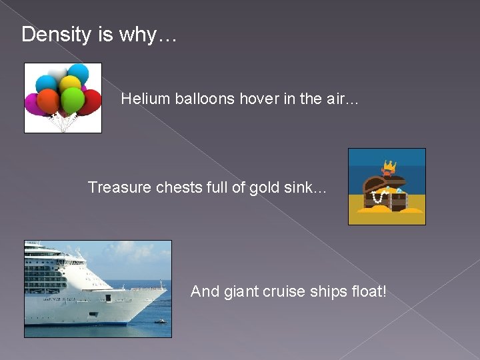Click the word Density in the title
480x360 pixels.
click(57, 35)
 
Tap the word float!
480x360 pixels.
click(367, 291)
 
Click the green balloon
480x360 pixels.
click(72, 99)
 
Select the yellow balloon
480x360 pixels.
click(69, 84)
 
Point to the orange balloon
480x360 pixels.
click(49, 101)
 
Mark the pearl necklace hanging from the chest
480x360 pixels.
click(381, 198)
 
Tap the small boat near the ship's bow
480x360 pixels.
click(159, 321)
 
